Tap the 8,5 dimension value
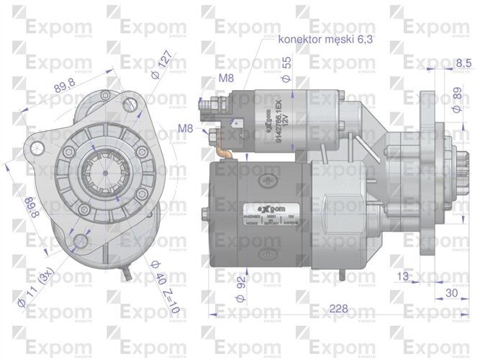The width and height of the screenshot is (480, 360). coord(463,63)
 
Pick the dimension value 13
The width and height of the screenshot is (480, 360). coord(403,275)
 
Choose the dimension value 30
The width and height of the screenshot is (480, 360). coord(452,292)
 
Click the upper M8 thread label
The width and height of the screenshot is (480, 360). coord(226,77)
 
